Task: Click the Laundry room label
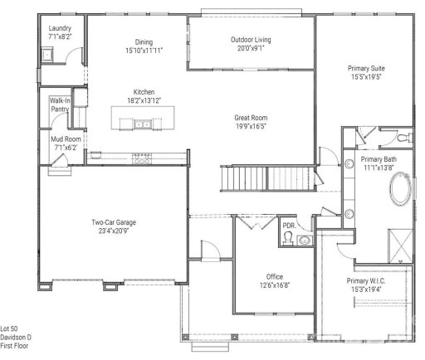point(60,28)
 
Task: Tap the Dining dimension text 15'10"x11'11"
point(144,51)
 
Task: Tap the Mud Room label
point(66,139)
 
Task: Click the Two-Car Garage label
point(114,222)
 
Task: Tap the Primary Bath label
point(378,159)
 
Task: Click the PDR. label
point(289,225)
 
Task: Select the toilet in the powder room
point(289,239)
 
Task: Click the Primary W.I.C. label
point(366,281)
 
